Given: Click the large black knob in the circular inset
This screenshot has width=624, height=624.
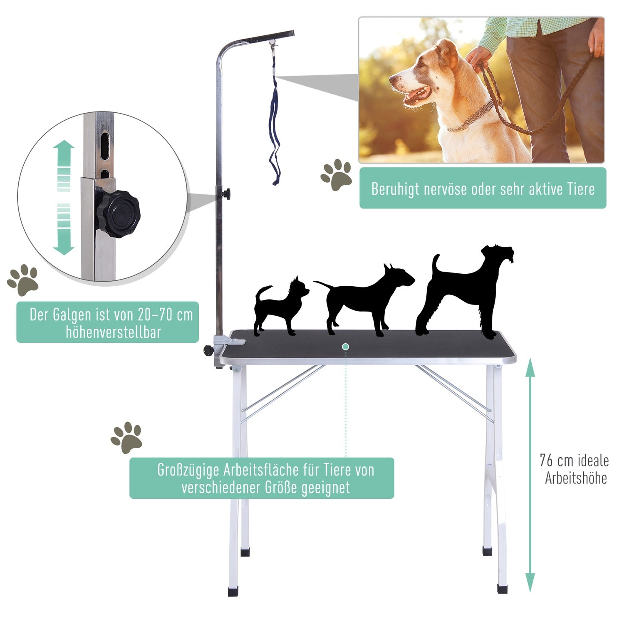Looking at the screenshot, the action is (118, 214).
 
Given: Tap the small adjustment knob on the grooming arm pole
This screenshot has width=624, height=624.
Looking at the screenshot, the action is (226, 193).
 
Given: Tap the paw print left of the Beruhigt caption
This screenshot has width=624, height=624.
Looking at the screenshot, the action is (336, 175).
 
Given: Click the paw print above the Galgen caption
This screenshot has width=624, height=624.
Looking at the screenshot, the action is (23, 280).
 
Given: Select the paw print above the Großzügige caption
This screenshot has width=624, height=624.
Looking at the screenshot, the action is (126, 438).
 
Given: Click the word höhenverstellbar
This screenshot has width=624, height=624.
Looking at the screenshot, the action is (113, 332).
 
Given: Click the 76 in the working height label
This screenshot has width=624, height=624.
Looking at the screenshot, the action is (547, 461).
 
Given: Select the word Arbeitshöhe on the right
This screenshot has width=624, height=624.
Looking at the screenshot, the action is (576, 478).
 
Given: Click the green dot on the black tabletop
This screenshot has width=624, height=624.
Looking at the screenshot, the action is (345, 347).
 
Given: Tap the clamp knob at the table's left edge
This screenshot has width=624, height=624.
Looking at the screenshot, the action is (208, 350).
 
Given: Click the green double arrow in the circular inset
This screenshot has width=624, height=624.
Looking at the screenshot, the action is (64, 198).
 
